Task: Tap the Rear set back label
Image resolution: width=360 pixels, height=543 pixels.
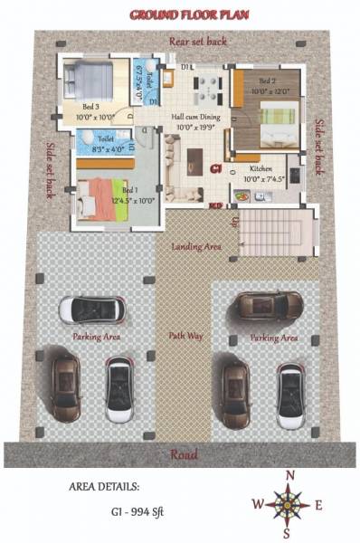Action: [x=198, y=42]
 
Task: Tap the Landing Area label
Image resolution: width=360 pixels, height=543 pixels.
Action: [x=196, y=246]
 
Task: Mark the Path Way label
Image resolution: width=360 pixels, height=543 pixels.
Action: [x=184, y=336]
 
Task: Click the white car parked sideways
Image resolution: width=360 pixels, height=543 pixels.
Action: [x=91, y=309]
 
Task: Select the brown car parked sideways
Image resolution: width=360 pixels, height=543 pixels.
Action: [x=270, y=305]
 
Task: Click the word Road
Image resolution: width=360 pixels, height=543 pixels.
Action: [x=180, y=454]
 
